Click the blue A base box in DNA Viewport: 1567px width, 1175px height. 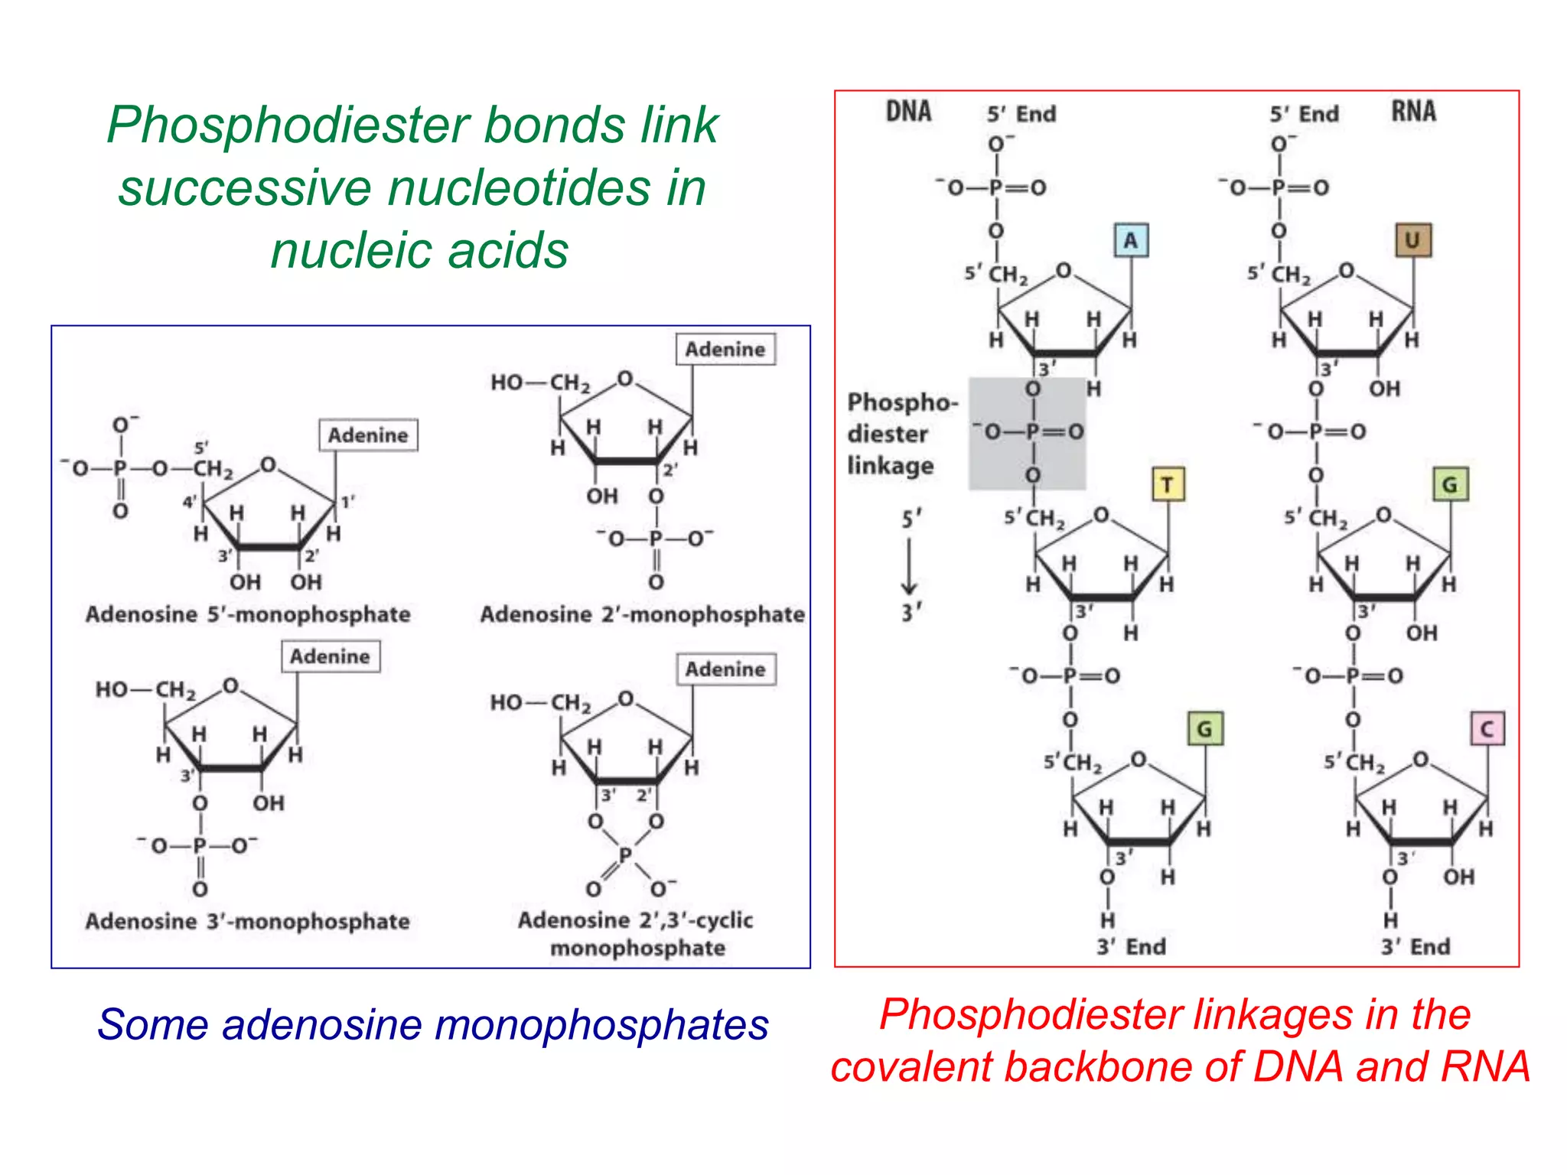tap(1130, 240)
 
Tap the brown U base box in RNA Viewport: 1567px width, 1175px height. tap(1412, 240)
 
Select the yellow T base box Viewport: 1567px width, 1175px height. tap(1168, 485)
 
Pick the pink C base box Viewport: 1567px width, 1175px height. tap(1487, 728)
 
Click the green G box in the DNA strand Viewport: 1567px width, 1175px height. tap(1204, 728)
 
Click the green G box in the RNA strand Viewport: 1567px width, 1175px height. tap(1449, 485)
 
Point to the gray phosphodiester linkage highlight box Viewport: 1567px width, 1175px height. tap(1027, 433)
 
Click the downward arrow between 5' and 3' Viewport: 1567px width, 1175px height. tap(909, 566)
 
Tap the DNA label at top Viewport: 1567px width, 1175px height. tap(908, 112)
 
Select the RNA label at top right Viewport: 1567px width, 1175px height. tap(1413, 112)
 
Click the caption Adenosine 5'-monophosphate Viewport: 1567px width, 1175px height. tap(248, 614)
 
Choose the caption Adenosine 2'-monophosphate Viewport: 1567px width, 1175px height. tap(642, 614)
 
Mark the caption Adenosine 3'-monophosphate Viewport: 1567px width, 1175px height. tap(247, 921)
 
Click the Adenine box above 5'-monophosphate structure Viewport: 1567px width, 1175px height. tap(368, 435)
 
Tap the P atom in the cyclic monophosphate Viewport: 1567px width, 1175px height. tap(625, 855)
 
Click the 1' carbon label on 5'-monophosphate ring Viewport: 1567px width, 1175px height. tap(347, 502)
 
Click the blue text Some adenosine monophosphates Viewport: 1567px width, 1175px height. tap(432, 1024)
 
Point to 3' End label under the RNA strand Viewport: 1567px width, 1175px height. tap(1415, 947)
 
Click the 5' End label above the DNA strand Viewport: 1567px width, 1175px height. tap(1021, 114)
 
